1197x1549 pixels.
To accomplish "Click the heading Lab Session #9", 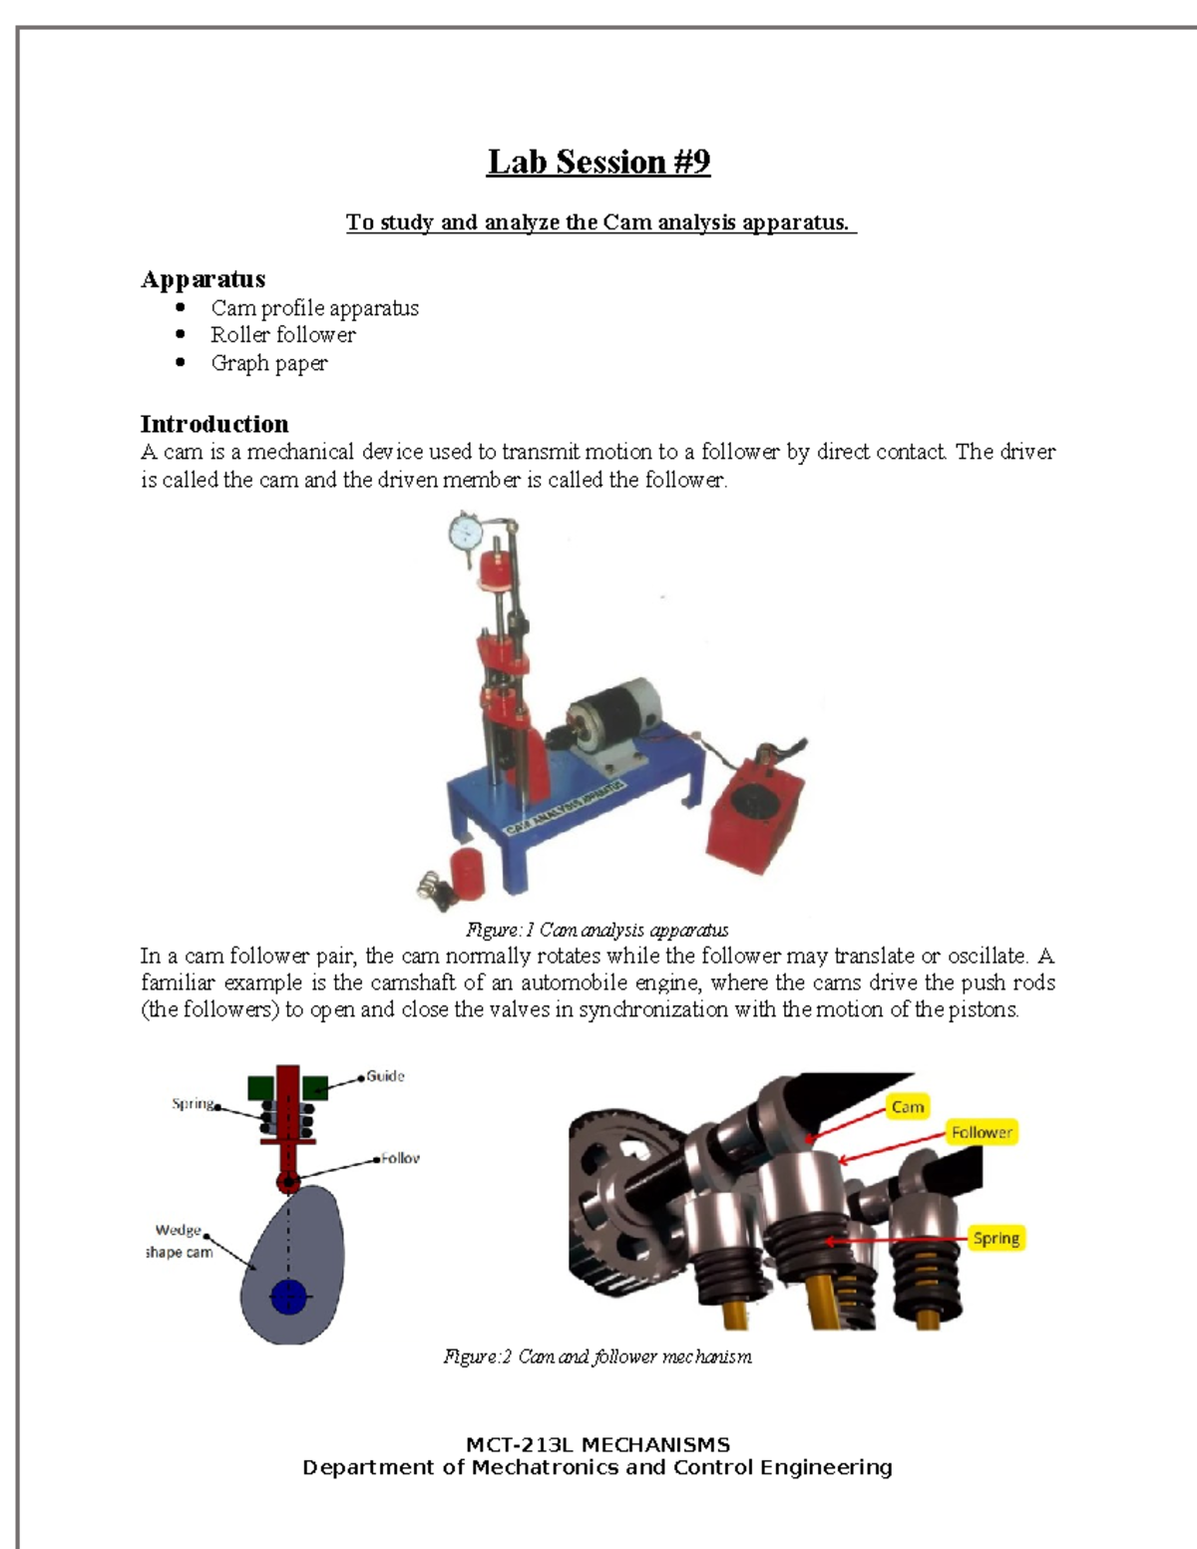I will coord(598,162).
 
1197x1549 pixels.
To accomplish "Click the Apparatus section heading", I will coord(203,279).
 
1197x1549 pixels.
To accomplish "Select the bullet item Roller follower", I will coord(282,335).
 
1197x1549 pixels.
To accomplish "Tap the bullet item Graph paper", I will coord(268,363).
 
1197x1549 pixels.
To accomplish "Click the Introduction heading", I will coord(214,424).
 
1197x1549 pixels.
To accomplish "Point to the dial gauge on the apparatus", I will coord(466,535).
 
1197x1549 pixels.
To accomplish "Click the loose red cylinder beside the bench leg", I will coord(467,872).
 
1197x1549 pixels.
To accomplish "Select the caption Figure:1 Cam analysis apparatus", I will coord(598,931).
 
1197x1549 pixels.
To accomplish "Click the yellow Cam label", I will coord(907,1107).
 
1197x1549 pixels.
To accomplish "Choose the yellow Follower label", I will coord(982,1132).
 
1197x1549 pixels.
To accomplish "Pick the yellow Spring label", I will coord(996,1239).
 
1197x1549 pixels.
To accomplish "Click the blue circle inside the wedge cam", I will coord(289,1297).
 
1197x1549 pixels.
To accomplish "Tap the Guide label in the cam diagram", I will coord(385,1076).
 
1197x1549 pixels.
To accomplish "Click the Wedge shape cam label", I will coord(179,1242).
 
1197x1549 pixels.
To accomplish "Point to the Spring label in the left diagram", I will coord(193,1104).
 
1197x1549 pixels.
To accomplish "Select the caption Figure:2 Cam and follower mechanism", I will coord(598,1356).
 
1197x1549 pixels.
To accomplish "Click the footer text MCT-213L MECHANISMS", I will coord(598,1444).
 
